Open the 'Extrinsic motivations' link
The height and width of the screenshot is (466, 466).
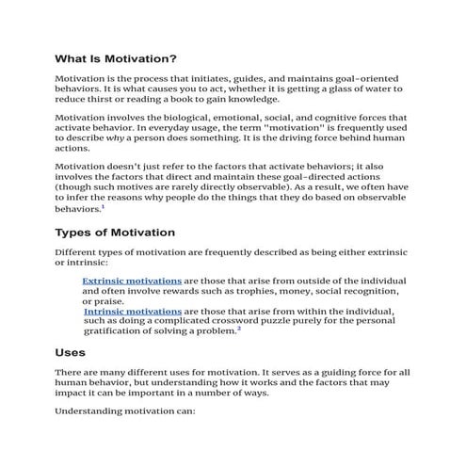[132, 281]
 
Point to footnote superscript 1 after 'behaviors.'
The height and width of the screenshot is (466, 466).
[104, 206]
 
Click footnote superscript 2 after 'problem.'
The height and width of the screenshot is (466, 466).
[240, 329]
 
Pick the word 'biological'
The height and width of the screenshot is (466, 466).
[201, 117]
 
